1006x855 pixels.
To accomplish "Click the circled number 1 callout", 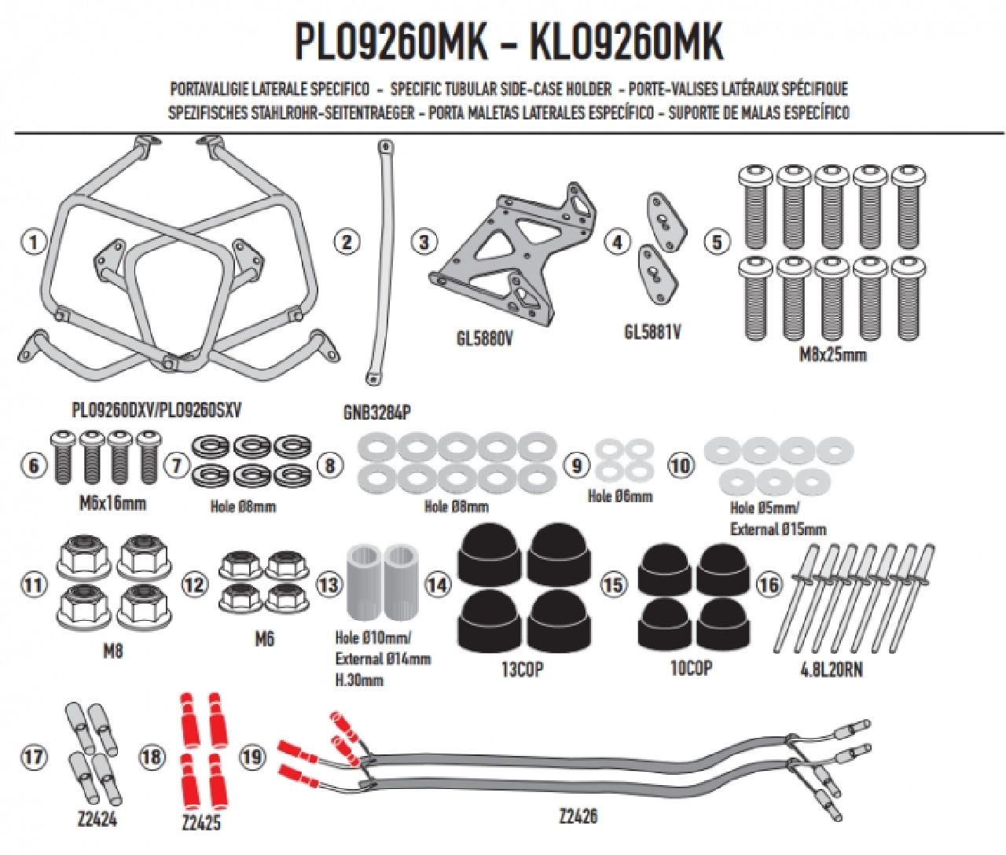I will (x=32, y=242).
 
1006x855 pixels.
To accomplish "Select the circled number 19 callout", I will (x=251, y=758).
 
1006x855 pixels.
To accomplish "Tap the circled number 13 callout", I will (x=329, y=585).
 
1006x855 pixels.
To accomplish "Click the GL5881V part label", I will (x=652, y=332).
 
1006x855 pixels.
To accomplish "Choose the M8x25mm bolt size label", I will (x=833, y=354).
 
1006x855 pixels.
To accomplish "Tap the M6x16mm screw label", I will (x=112, y=503).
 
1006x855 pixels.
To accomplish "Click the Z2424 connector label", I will (x=97, y=819).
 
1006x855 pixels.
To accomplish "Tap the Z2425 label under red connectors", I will (x=200, y=823).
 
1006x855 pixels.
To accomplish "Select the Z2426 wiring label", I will (x=578, y=816).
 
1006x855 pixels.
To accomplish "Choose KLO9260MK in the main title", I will (x=626, y=42).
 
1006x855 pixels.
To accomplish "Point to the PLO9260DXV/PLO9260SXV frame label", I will (x=156, y=410).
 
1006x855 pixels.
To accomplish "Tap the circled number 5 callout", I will (x=716, y=242).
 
